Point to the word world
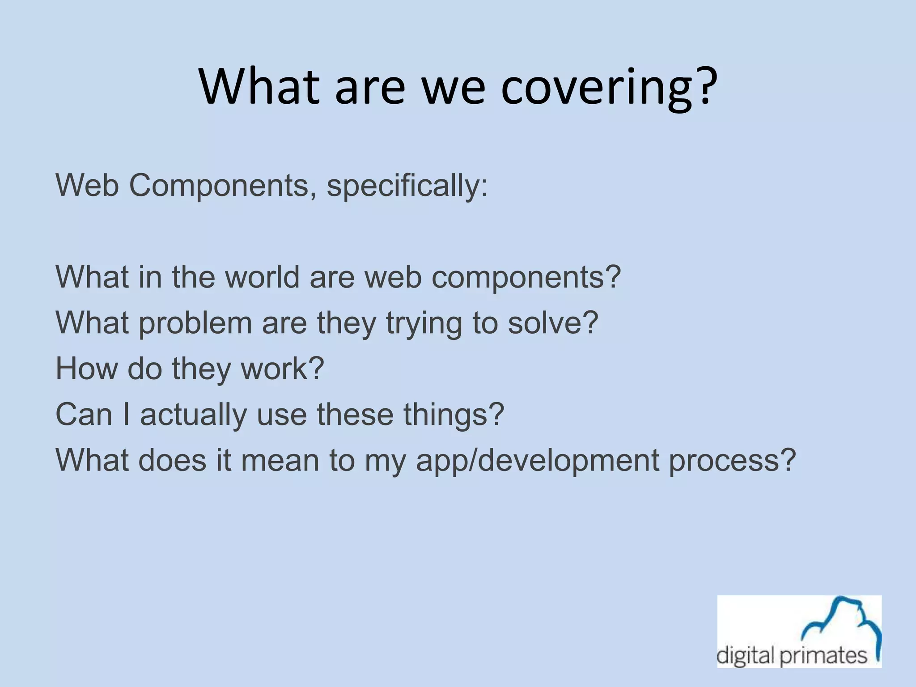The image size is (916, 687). click(x=262, y=277)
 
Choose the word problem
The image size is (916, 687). click(x=195, y=323)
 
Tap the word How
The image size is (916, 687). click(x=86, y=369)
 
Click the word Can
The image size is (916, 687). click(x=84, y=415)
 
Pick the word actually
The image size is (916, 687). click(x=193, y=416)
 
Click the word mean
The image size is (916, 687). click(x=280, y=461)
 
